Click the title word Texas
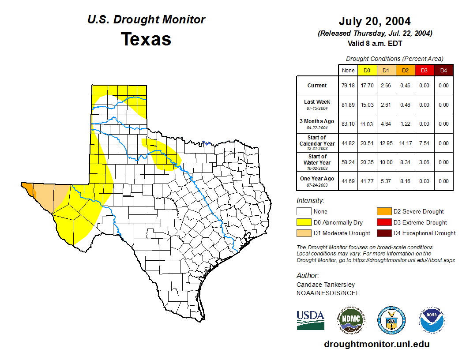coord(146,39)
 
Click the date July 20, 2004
coord(375,21)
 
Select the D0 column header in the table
coord(367,70)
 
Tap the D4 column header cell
coord(443,70)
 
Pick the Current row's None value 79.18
coord(348,86)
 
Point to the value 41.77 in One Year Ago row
coord(367,181)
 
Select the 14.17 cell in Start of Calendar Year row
coord(405,143)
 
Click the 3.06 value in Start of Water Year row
coord(424,162)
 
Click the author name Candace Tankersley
coord(325,285)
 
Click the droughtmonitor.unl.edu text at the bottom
coord(376,344)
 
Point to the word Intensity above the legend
coord(310,201)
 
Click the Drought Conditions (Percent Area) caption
coord(395,59)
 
